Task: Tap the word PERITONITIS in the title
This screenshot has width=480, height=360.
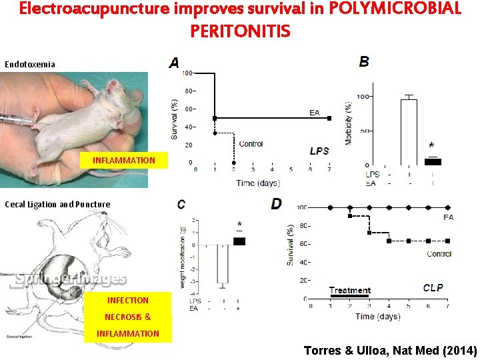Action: click(240, 31)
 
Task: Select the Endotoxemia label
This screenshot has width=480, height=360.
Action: click(30, 65)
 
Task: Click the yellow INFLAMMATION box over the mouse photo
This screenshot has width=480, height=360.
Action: click(124, 161)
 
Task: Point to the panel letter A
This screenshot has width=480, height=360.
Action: click(174, 63)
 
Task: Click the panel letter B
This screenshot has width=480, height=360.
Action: click(364, 61)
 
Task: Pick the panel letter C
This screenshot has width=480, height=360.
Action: click(181, 204)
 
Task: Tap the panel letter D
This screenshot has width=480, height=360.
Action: click(276, 204)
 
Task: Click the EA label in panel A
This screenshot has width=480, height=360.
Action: click(315, 112)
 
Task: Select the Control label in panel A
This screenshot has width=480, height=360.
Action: click(251, 144)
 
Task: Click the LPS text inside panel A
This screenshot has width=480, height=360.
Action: click(319, 151)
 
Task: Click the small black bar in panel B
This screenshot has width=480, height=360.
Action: click(433, 161)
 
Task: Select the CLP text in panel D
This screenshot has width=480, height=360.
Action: click(433, 288)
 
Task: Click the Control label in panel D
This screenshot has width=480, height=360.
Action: click(439, 253)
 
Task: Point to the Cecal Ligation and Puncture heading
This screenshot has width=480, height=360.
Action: click(57, 204)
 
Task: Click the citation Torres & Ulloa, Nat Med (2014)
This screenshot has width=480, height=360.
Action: click(390, 350)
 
